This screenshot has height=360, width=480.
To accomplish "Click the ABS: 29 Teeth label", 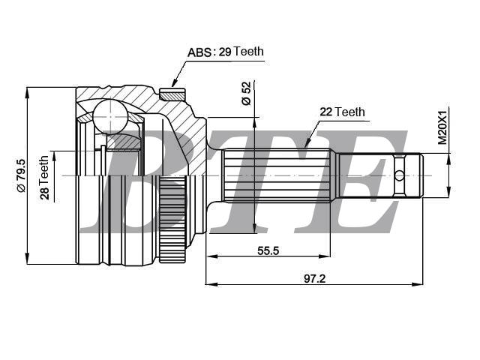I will pyautogui.click(x=225, y=52).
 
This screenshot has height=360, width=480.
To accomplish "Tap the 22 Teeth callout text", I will pyautogui.click(x=342, y=112).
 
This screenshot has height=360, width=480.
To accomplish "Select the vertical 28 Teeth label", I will pyautogui.click(x=44, y=178).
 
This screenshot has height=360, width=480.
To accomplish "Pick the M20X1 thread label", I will pyautogui.click(x=442, y=127).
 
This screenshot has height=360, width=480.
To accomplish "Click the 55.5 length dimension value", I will pyautogui.click(x=268, y=251).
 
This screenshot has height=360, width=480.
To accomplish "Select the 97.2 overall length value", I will pyautogui.click(x=314, y=277).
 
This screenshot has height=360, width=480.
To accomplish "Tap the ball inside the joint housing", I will pyautogui.click(x=109, y=117).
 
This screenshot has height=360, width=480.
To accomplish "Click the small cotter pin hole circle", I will pyautogui.click(x=399, y=175).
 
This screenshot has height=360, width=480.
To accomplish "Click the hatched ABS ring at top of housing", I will pyautogui.click(x=172, y=94).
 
